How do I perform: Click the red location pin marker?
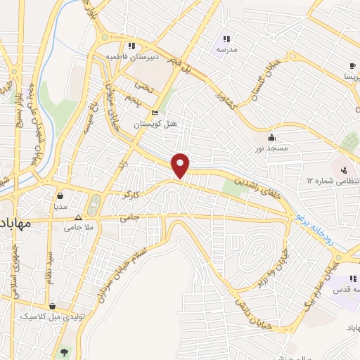pyautogui.click(x=181, y=165)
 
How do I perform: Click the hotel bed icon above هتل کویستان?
pyautogui.click(x=155, y=113)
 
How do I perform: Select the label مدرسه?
pyautogui.click(x=226, y=50)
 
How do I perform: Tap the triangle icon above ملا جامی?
pyautogui.click(x=79, y=217)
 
